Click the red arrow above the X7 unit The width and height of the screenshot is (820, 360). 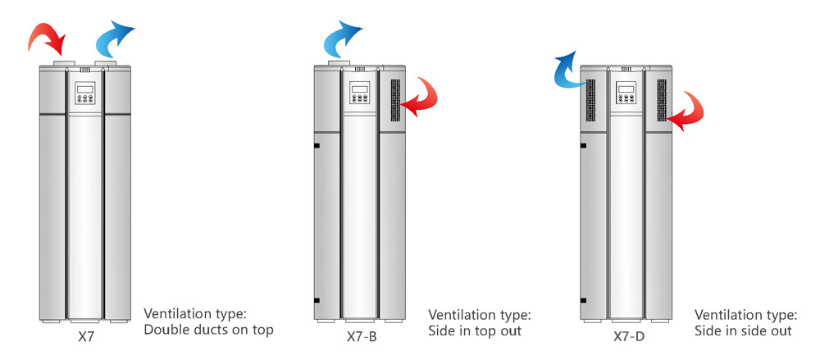click(48, 37)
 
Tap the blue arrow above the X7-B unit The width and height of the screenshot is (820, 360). click(340, 37)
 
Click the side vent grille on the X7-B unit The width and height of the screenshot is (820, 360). click(394, 102)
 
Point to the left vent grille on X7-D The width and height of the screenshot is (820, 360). click(590, 101)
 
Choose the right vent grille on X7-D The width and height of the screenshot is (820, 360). click(660, 102)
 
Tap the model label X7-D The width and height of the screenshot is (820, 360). click(627, 335)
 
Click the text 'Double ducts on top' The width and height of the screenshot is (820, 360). click(208, 330)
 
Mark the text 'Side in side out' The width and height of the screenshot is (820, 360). click(744, 331)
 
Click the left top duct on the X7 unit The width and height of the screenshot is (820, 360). click(62, 62)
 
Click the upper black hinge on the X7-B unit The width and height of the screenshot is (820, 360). click(316, 146)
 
